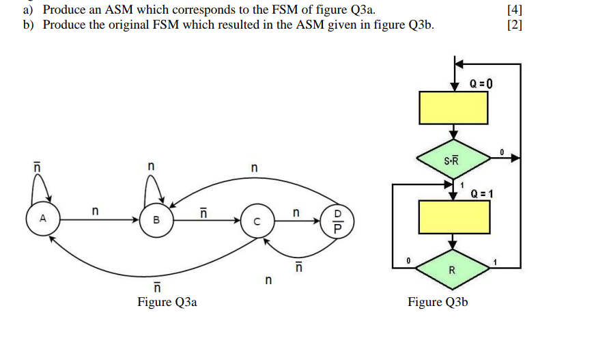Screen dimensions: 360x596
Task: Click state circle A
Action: tap(43, 220)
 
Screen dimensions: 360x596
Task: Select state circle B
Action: tap(156, 220)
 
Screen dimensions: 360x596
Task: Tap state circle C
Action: tap(257, 221)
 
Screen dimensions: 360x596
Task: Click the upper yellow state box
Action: tap(453, 108)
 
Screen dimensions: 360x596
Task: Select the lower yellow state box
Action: tap(453, 217)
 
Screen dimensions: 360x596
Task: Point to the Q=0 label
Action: tap(481, 84)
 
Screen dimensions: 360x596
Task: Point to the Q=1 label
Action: tap(482, 193)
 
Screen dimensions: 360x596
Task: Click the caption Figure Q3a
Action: tap(167, 302)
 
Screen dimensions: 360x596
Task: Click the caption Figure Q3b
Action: tap(438, 302)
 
